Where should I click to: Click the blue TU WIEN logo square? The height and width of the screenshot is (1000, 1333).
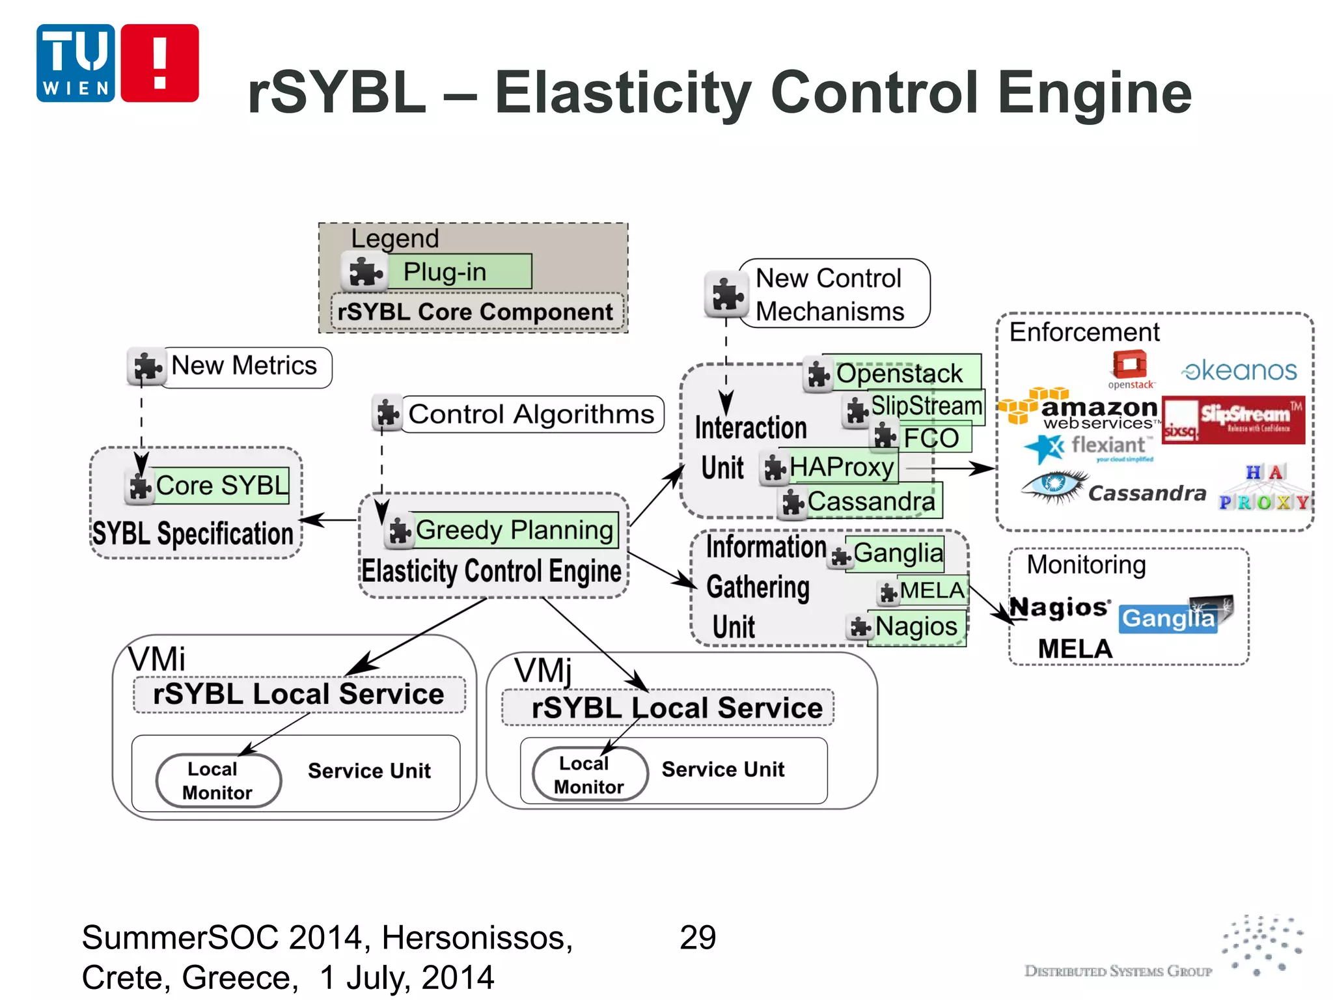click(76, 63)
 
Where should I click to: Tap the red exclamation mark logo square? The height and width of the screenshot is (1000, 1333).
click(159, 63)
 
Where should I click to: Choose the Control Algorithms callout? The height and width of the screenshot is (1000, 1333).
click(531, 414)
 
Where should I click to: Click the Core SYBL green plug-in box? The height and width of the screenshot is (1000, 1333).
click(221, 486)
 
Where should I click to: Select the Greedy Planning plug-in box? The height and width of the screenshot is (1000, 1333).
click(514, 530)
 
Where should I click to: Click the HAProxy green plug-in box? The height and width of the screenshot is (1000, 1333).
click(842, 467)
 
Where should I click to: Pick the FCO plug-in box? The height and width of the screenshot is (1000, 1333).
click(935, 437)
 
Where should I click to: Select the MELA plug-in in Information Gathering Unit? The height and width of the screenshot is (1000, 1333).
click(932, 590)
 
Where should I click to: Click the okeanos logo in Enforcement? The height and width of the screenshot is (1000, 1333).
click(1239, 370)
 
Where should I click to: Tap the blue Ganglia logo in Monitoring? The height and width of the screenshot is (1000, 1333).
click(1169, 618)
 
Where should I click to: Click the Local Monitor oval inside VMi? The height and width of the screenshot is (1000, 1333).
click(219, 780)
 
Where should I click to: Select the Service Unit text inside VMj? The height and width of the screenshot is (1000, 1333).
click(722, 770)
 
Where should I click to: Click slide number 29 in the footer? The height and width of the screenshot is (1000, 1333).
click(697, 937)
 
